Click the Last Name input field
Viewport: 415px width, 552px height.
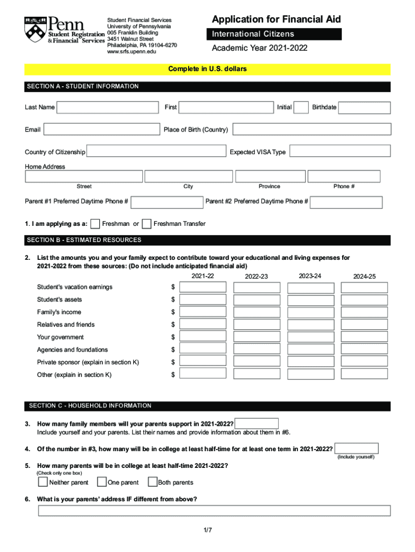tap(107, 107)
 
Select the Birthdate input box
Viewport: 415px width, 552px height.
tap(364, 107)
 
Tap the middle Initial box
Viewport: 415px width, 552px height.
tap(301, 107)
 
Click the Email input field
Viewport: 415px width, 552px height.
tap(101, 129)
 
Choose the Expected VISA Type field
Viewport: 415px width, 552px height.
tap(340, 151)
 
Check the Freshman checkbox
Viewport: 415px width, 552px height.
tap(95, 224)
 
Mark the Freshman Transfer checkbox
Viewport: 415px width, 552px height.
tap(146, 224)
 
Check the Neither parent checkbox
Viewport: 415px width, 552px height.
tap(43, 482)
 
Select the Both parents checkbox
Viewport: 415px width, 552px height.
tap(153, 482)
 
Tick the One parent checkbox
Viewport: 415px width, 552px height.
tap(101, 482)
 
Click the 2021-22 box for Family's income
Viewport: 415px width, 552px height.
tap(203, 312)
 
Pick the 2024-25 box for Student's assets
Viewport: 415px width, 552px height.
tap(364, 300)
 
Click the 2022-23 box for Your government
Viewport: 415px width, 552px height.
tap(257, 337)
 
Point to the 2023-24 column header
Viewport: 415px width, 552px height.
tap(310, 276)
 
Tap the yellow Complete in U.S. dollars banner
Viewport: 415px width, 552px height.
tap(207, 69)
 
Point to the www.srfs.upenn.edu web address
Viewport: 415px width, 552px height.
tap(132, 52)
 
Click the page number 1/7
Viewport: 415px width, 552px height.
tap(207, 530)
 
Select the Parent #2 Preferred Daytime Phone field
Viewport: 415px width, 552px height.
tap(346, 202)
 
